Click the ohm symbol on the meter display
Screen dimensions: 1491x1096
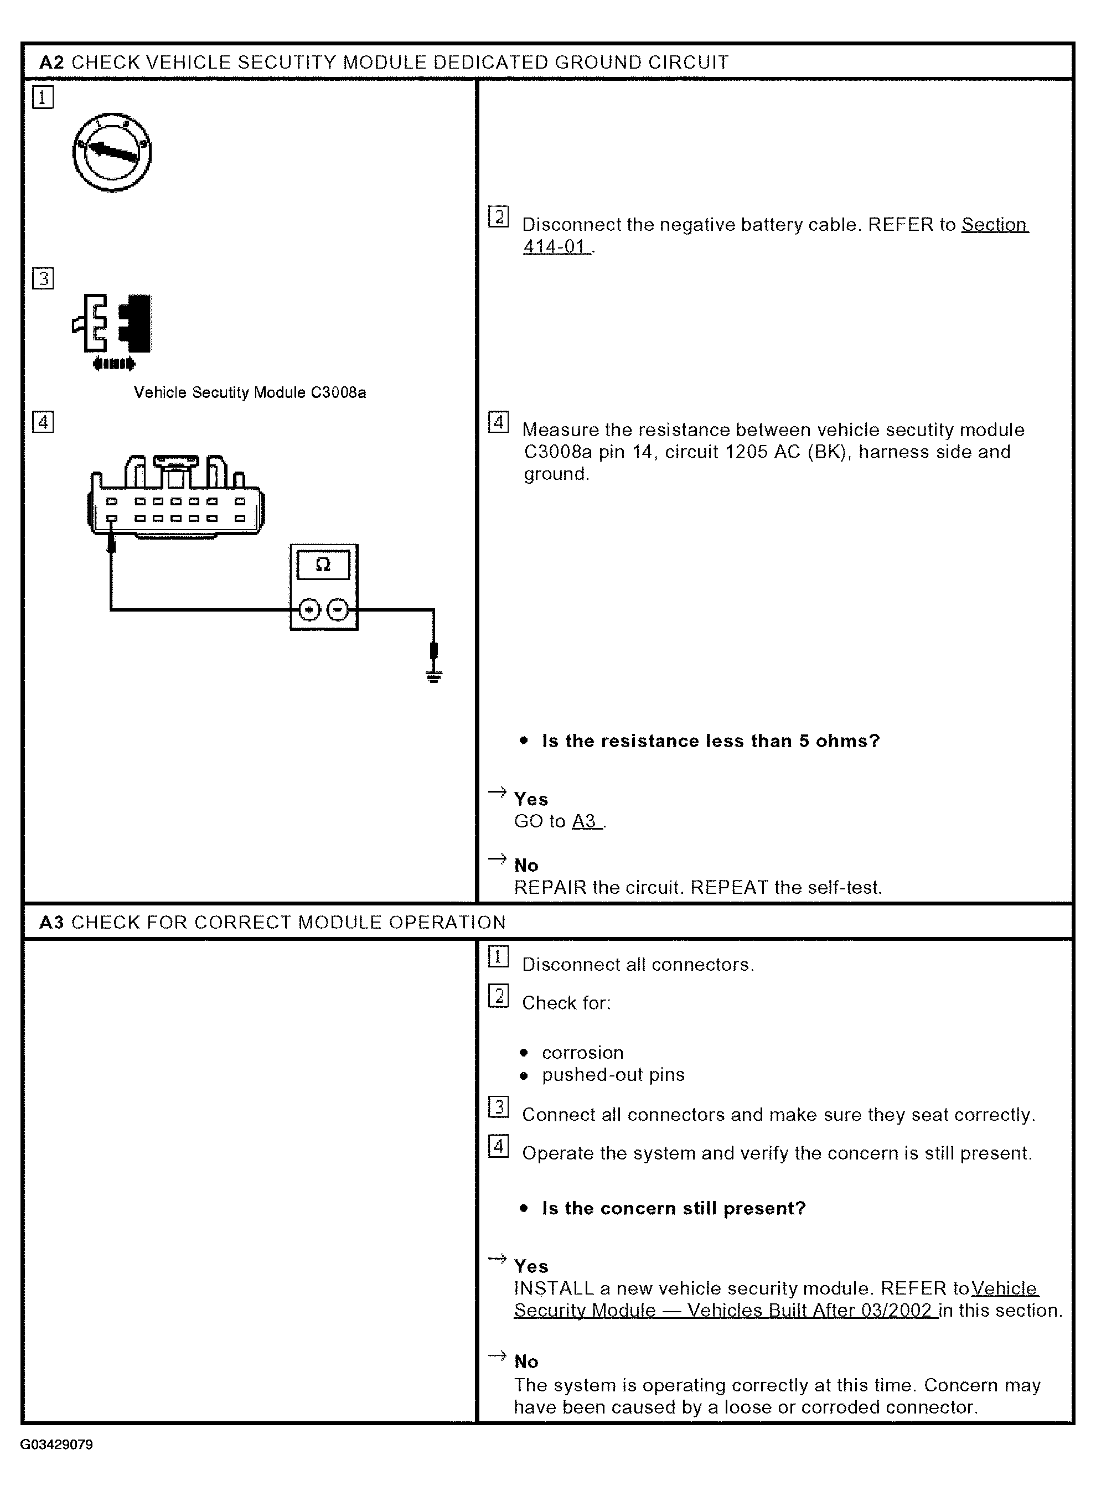pos(323,565)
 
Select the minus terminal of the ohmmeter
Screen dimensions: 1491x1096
pos(338,609)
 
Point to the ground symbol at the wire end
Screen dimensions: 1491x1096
pos(434,676)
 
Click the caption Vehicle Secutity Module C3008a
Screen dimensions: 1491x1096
pos(250,392)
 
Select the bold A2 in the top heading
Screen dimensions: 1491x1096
pos(51,63)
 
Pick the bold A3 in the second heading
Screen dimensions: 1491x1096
pos(51,923)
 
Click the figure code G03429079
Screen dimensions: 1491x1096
pos(56,1445)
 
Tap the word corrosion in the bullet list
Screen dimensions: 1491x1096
pos(582,1053)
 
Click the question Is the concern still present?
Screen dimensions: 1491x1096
pos(674,1208)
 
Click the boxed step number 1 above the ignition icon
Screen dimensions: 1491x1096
pos(43,98)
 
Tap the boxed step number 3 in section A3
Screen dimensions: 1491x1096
pos(498,1107)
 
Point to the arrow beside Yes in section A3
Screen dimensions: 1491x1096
pos(497,1258)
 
